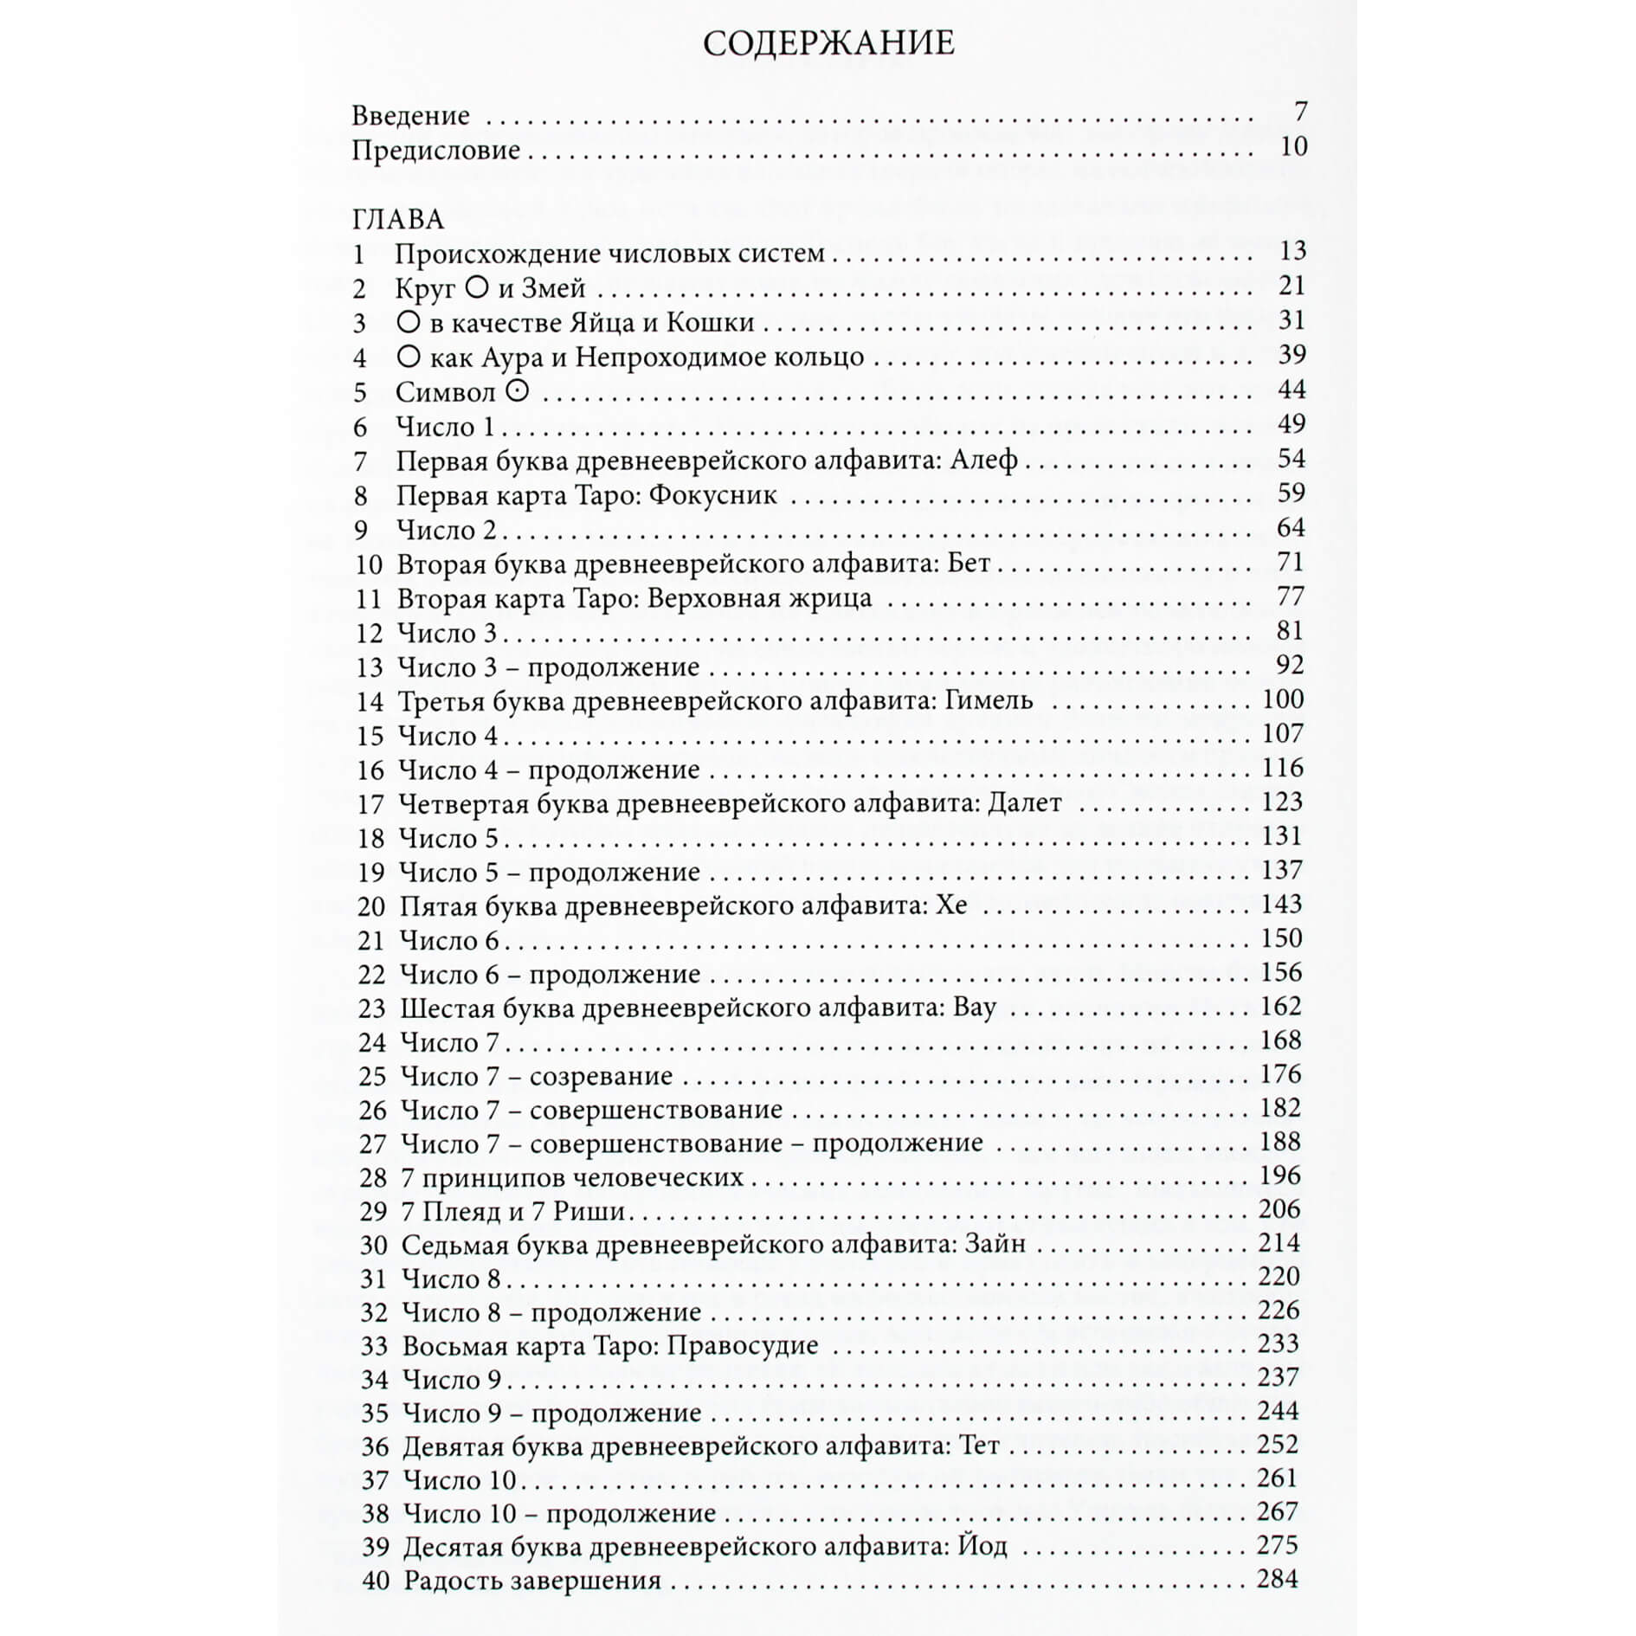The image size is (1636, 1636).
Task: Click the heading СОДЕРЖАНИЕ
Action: click(828, 43)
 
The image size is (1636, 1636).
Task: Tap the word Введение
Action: click(410, 115)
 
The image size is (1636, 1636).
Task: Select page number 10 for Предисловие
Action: click(1293, 146)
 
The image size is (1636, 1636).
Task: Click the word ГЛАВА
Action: click(398, 219)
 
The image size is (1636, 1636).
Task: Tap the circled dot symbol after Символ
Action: click(516, 391)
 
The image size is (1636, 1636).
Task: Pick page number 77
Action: click(1290, 596)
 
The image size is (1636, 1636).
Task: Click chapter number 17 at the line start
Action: click(370, 804)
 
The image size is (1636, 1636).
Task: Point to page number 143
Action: click(1281, 905)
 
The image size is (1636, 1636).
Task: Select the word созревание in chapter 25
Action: click(601, 1076)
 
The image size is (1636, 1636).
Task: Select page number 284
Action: click(1278, 1579)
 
